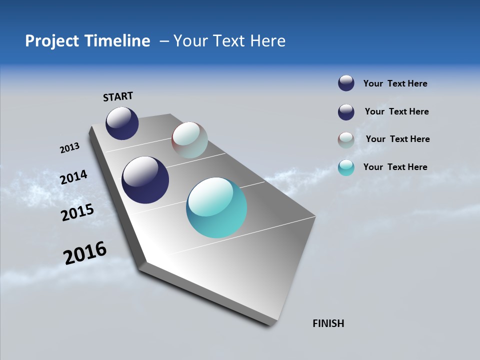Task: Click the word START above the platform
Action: [118, 96]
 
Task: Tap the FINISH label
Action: [328, 323]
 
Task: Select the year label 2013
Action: [69, 148]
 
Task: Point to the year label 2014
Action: [74, 177]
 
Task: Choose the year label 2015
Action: [77, 212]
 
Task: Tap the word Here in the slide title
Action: [267, 41]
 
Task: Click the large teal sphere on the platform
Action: [216, 207]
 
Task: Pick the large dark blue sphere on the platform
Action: [145, 180]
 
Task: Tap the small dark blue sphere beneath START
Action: [122, 123]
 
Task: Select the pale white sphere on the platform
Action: [189, 140]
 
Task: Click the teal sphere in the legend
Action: [346, 167]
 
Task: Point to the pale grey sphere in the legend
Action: [346, 140]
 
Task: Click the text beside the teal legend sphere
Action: [395, 167]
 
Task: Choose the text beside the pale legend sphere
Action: [397, 139]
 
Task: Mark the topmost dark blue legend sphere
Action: [346, 83]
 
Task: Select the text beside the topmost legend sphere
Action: [395, 83]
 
